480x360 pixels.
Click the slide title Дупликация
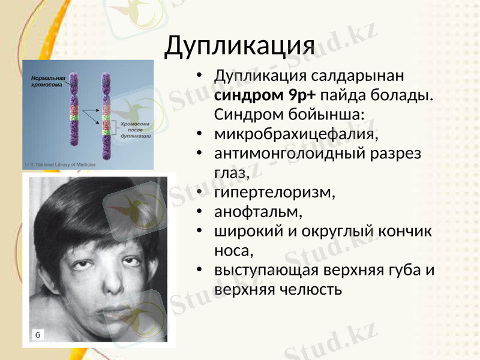click(x=239, y=44)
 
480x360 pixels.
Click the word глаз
click(x=230, y=172)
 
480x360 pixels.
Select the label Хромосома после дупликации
click(x=134, y=130)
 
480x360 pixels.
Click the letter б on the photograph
click(x=37, y=334)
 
